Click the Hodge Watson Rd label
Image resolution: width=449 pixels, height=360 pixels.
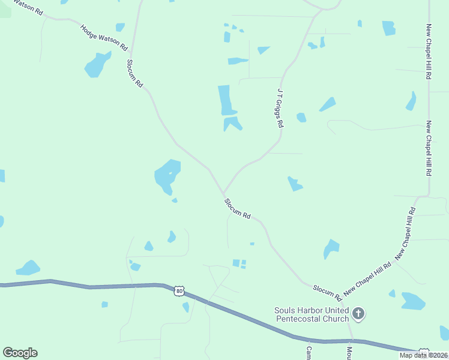coord(104,37)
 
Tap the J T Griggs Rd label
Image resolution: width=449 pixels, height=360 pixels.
coord(280,109)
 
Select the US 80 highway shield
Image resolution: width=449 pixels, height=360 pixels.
coord(179,291)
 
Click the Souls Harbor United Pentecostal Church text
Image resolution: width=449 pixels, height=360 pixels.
coord(312,314)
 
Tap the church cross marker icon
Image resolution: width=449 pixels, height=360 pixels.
coord(358,313)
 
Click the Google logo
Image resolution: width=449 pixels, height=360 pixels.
coord(20,353)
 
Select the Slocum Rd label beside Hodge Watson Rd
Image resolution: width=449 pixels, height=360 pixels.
coord(134,74)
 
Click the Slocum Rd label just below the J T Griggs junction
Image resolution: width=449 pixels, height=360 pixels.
coord(237,208)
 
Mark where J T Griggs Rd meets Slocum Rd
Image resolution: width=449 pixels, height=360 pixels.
coord(224,193)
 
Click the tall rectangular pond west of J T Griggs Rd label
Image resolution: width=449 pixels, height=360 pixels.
coord(225,100)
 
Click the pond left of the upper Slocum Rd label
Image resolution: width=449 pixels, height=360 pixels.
coord(97,64)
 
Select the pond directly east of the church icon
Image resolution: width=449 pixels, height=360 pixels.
coord(413,301)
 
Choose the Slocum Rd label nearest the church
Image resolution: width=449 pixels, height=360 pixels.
coord(327,292)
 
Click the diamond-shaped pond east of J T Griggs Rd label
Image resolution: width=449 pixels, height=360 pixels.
coord(327,104)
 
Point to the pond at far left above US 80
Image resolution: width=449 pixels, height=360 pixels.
coord(28,268)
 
